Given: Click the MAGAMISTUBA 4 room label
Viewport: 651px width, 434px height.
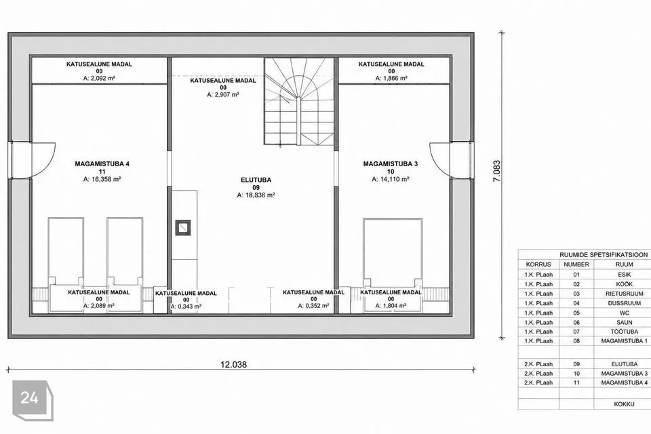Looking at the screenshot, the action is [102, 164].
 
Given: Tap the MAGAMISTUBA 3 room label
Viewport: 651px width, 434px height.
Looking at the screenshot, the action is [391, 164].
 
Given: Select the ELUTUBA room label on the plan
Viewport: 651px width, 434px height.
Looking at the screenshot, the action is [256, 180].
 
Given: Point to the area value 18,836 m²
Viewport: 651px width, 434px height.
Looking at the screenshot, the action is [256, 195].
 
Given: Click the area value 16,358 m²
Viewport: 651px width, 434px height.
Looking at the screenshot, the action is [102, 180].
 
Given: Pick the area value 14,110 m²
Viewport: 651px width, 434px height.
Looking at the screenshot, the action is [391, 180].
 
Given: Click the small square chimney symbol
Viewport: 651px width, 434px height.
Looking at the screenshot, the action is [182, 227].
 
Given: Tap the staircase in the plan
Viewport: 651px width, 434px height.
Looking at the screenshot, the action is [299, 101].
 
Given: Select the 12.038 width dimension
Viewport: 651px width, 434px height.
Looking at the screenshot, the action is [233, 365].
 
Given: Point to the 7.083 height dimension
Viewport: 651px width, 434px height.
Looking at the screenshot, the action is [496, 171].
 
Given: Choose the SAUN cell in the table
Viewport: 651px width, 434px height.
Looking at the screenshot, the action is [624, 322].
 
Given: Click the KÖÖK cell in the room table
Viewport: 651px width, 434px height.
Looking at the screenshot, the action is [624, 284].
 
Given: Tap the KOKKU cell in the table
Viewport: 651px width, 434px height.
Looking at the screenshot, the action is [624, 404].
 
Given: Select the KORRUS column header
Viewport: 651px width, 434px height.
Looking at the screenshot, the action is [538, 264].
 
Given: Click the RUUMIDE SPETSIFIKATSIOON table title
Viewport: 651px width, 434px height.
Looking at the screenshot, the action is [604, 254].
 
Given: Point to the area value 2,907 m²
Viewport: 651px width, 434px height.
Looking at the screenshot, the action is [223, 95].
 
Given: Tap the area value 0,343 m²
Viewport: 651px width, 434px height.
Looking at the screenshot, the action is [186, 307].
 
